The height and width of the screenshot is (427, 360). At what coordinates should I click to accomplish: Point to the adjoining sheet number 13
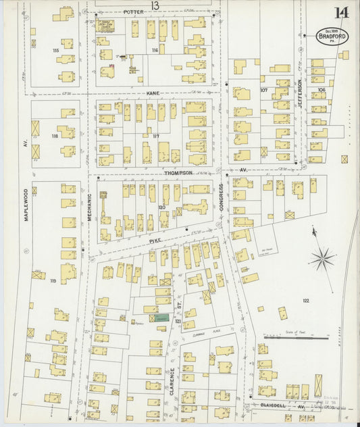(155, 5)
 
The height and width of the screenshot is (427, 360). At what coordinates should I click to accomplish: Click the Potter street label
(135, 12)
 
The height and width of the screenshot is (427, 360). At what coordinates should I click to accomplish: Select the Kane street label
(153, 93)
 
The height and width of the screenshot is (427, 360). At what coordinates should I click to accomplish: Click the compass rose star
(323, 257)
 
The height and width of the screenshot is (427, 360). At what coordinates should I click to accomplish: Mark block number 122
(305, 301)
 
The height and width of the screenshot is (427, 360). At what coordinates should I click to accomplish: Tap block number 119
(53, 280)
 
